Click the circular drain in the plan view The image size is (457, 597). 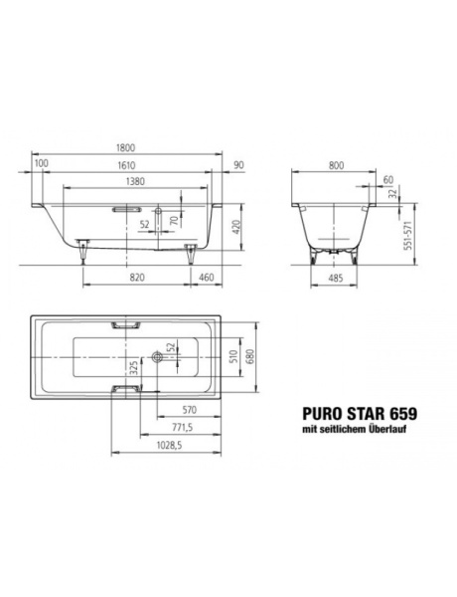(x=157, y=355)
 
